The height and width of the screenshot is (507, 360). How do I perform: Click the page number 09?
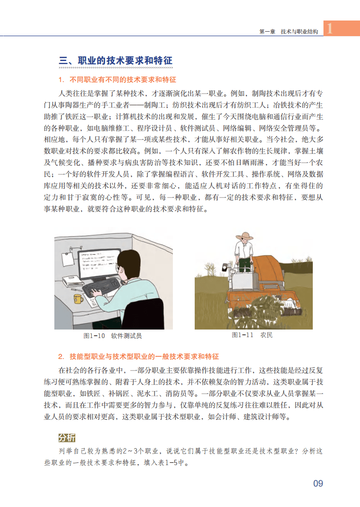click(x=318, y=483)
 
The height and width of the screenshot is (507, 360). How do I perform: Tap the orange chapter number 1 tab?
click(x=342, y=28)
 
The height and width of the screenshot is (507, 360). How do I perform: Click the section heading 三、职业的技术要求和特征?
click(x=115, y=61)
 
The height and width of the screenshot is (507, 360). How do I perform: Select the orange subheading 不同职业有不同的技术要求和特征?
click(x=123, y=79)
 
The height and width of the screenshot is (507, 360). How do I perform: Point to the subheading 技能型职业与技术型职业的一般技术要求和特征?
click(x=144, y=356)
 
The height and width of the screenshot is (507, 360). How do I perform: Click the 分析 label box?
click(x=66, y=437)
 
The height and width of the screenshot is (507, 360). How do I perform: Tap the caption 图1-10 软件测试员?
click(x=112, y=336)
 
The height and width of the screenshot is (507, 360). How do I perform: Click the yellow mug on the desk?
click(x=78, y=299)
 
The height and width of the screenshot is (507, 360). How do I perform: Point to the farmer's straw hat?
click(x=245, y=236)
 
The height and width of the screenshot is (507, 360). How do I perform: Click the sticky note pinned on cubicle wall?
click(x=68, y=259)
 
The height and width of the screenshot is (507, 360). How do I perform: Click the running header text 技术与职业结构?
click(x=299, y=31)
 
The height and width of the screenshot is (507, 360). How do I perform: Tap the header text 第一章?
click(x=267, y=31)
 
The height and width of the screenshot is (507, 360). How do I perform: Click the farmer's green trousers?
click(x=245, y=264)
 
